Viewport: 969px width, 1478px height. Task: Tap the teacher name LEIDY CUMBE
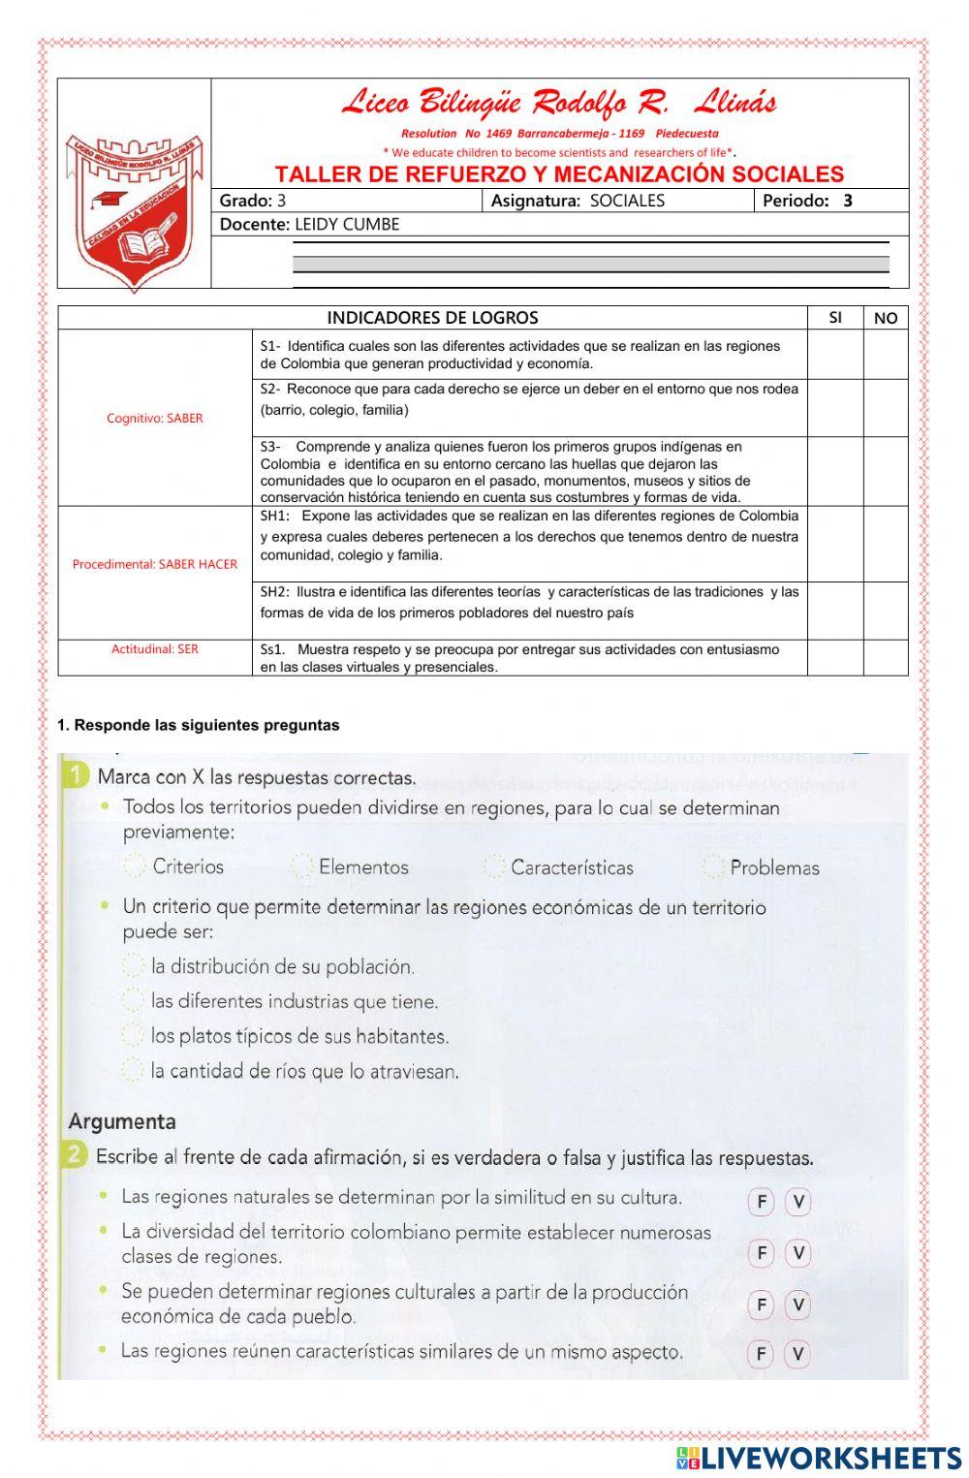tap(347, 225)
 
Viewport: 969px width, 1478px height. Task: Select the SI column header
tap(835, 318)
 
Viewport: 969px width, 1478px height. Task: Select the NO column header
tap(886, 318)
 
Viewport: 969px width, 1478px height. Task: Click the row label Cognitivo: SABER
tap(155, 419)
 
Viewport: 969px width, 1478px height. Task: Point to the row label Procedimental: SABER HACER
tap(155, 564)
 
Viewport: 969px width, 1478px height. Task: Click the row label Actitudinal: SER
tap(155, 649)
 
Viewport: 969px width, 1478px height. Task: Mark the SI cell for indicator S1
tap(835, 355)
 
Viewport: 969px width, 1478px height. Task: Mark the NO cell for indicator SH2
tap(886, 611)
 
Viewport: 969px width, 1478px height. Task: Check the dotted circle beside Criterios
tap(136, 866)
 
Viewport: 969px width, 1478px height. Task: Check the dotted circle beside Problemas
tap(714, 867)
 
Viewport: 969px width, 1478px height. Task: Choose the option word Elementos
tap(363, 867)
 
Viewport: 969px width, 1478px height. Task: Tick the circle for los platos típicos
tap(133, 1036)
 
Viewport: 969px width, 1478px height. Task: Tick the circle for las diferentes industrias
tap(133, 1001)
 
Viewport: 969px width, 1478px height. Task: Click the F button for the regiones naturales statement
tap(762, 1203)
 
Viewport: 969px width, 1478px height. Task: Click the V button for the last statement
tap(797, 1354)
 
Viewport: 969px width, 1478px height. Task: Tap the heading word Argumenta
tap(122, 1122)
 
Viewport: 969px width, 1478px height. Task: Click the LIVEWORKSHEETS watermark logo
tap(819, 1458)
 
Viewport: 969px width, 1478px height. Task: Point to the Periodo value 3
tap(848, 202)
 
